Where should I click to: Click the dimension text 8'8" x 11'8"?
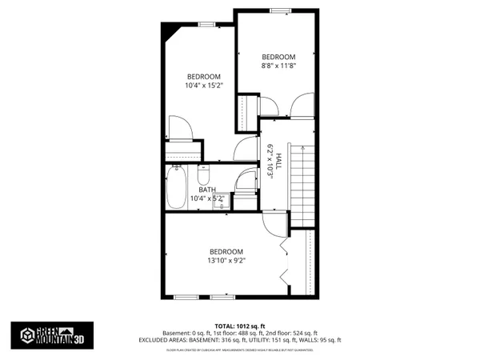point(279,66)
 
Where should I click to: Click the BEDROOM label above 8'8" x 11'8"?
point(279,57)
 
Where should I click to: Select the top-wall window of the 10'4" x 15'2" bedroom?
point(206,24)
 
